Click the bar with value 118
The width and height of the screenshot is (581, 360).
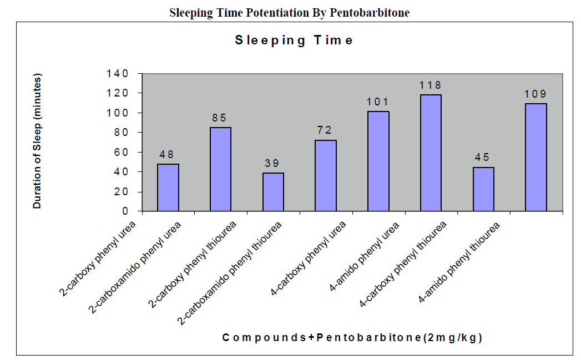[x=431, y=153]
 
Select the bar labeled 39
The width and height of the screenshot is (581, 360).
[x=273, y=192]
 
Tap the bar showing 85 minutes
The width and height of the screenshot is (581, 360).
[x=220, y=169]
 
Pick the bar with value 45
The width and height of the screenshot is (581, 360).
[x=483, y=189]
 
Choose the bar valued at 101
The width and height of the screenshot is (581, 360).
[x=378, y=161]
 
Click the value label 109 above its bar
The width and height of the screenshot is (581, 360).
[x=535, y=94]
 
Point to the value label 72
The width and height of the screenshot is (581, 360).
[x=325, y=130]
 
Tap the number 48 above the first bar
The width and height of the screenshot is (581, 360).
[x=168, y=154]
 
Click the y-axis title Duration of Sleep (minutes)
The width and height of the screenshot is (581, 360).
[x=38, y=142]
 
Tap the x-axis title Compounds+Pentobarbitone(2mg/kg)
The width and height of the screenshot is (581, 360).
[x=352, y=337]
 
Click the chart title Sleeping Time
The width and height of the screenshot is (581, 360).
[x=294, y=40]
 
